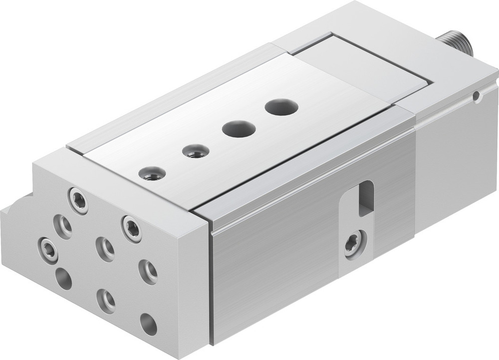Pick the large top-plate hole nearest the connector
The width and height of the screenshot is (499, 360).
[281, 106]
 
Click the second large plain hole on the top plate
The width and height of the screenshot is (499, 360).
[239, 129]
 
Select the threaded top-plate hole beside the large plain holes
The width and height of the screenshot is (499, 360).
[195, 150]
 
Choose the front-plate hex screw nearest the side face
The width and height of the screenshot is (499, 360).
[132, 228]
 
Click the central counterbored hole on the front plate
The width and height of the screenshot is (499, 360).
[105, 248]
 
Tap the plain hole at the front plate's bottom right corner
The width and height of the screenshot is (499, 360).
[148, 324]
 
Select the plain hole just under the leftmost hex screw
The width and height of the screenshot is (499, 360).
[63, 278]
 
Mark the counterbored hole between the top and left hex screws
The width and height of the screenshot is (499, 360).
[63, 226]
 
